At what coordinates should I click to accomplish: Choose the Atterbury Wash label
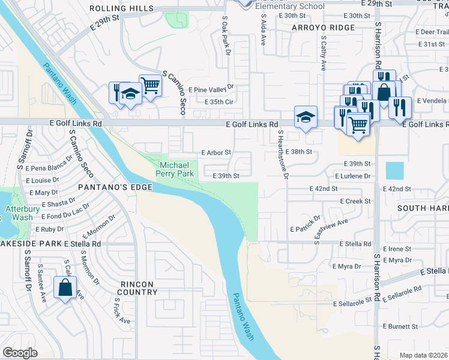pyautogui.click(x=19, y=213)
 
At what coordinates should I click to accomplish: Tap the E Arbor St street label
pyautogui.click(x=216, y=152)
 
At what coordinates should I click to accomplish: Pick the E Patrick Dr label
pyautogui.click(x=306, y=224)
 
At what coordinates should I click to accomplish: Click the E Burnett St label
pyautogui.click(x=401, y=326)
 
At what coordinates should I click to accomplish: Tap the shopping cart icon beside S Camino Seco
pyautogui.click(x=150, y=85)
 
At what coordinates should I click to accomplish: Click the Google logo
pyautogui.click(x=20, y=353)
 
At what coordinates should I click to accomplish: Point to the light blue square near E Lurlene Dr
pyautogui.click(x=395, y=171)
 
